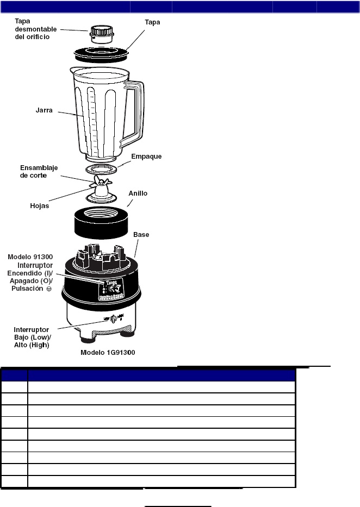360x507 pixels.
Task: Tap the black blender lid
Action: (x=102, y=54)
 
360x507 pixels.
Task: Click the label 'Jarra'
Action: (x=44, y=110)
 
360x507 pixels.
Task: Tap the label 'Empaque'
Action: (x=146, y=157)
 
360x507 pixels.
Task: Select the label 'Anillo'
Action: (x=138, y=193)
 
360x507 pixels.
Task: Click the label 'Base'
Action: (x=141, y=235)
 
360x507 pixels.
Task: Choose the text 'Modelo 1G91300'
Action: (x=108, y=352)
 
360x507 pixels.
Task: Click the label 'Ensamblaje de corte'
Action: (x=39, y=172)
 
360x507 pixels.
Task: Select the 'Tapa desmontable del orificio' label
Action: (x=32, y=29)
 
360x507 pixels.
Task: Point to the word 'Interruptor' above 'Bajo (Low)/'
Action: (x=32, y=329)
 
